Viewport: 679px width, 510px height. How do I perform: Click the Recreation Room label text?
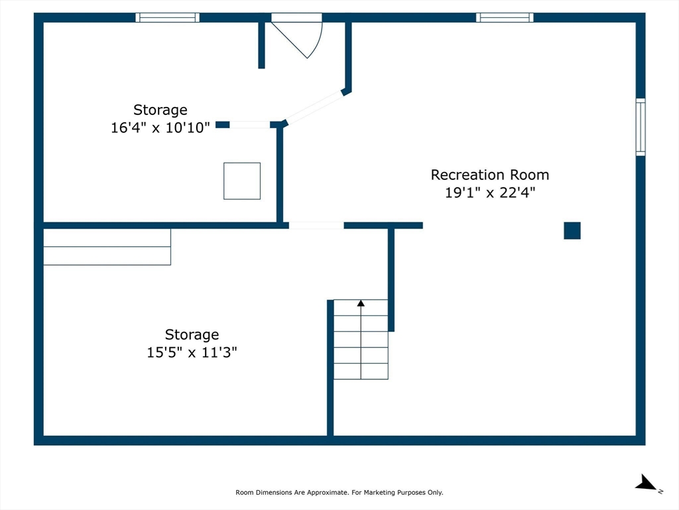[489, 175]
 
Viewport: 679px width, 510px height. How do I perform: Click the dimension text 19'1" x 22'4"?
[489, 193]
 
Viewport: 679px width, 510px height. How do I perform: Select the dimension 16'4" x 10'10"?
[160, 127]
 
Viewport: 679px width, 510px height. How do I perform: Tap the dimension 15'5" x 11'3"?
[192, 353]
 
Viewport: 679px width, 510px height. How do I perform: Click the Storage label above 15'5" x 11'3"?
[192, 335]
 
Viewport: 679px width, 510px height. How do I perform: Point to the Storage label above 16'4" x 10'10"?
[160, 110]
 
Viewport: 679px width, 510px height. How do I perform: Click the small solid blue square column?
[572, 230]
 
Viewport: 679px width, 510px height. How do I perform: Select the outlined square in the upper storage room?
[242, 181]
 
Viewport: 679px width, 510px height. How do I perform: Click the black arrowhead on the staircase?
[361, 303]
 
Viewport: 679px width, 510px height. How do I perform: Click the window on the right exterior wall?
[640, 127]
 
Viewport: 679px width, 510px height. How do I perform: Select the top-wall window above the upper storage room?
[168, 17]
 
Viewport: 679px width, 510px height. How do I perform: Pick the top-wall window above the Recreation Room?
[505, 17]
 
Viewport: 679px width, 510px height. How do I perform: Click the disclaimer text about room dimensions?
[339, 492]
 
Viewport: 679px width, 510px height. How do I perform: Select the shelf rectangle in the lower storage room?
[107, 247]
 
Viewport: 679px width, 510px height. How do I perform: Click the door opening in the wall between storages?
[316, 225]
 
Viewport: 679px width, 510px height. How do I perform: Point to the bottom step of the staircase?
[361, 371]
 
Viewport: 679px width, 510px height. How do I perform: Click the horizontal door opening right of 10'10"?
[250, 125]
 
